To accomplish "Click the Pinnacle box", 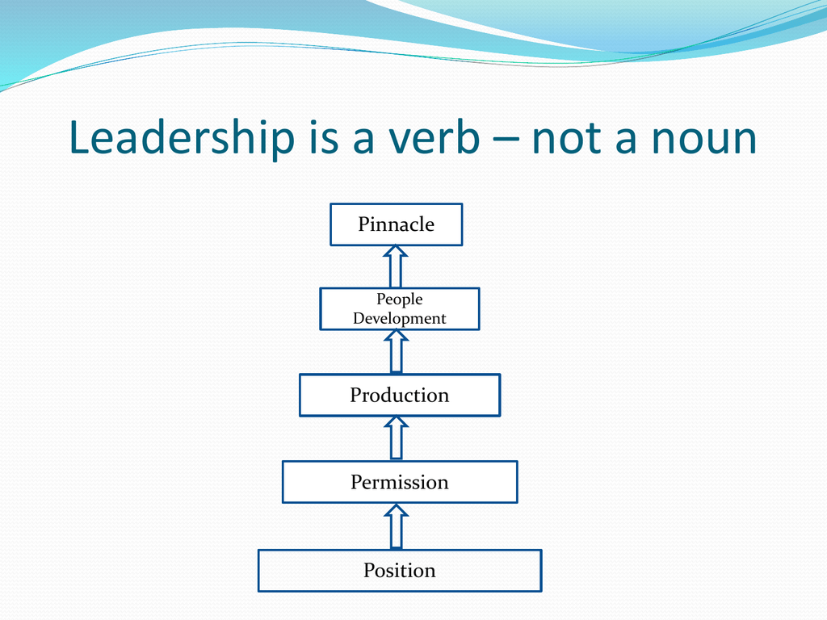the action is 396,224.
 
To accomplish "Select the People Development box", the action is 399,309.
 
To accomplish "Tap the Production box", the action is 399,396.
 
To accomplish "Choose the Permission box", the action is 400,482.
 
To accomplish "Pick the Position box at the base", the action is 400,571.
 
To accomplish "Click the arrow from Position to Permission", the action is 396,526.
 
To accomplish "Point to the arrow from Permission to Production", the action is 396,438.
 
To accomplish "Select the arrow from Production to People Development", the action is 396,352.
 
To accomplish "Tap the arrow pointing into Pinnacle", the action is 396,266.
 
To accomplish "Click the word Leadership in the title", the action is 182,138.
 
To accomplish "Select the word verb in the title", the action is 434,138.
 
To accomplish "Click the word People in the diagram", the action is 399,300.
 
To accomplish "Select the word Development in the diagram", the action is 399,318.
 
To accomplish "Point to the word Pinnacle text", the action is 396,224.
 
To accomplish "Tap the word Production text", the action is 399,395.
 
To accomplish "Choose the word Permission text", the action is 399,482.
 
